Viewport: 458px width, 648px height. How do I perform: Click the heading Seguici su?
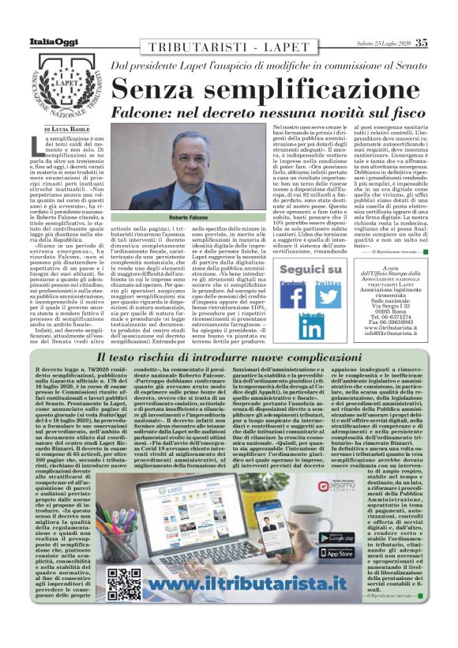pos(311,269)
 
